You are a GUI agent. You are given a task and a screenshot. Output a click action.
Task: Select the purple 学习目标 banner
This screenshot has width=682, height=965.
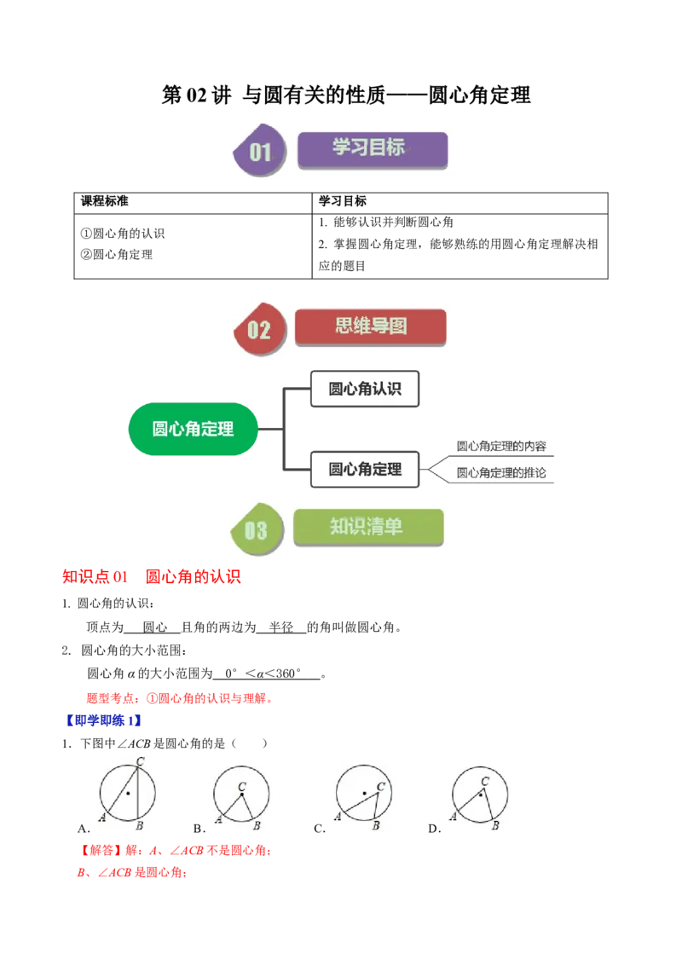372,148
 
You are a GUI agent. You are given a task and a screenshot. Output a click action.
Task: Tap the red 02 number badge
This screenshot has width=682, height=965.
258,329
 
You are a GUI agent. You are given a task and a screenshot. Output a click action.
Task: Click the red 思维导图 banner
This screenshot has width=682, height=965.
370,326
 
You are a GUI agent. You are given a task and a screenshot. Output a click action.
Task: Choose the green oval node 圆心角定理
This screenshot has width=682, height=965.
193,429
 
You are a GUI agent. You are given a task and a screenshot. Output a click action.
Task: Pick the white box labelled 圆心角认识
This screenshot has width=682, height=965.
365,390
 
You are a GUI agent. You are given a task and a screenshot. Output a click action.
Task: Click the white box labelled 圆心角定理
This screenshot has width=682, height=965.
365,469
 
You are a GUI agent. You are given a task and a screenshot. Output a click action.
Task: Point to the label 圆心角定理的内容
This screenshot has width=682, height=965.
501,445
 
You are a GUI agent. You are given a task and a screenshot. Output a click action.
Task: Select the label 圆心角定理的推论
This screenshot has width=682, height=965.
501,472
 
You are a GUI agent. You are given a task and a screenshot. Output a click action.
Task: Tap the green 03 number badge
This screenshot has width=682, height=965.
257,530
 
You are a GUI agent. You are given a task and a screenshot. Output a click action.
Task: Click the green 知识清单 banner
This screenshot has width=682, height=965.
368,528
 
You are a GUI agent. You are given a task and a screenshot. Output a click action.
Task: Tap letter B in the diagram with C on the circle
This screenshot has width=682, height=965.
139,826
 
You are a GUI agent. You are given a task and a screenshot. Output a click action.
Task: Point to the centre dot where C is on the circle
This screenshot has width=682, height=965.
128,794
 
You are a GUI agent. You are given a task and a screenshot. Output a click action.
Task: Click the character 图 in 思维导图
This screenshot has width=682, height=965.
397,326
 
